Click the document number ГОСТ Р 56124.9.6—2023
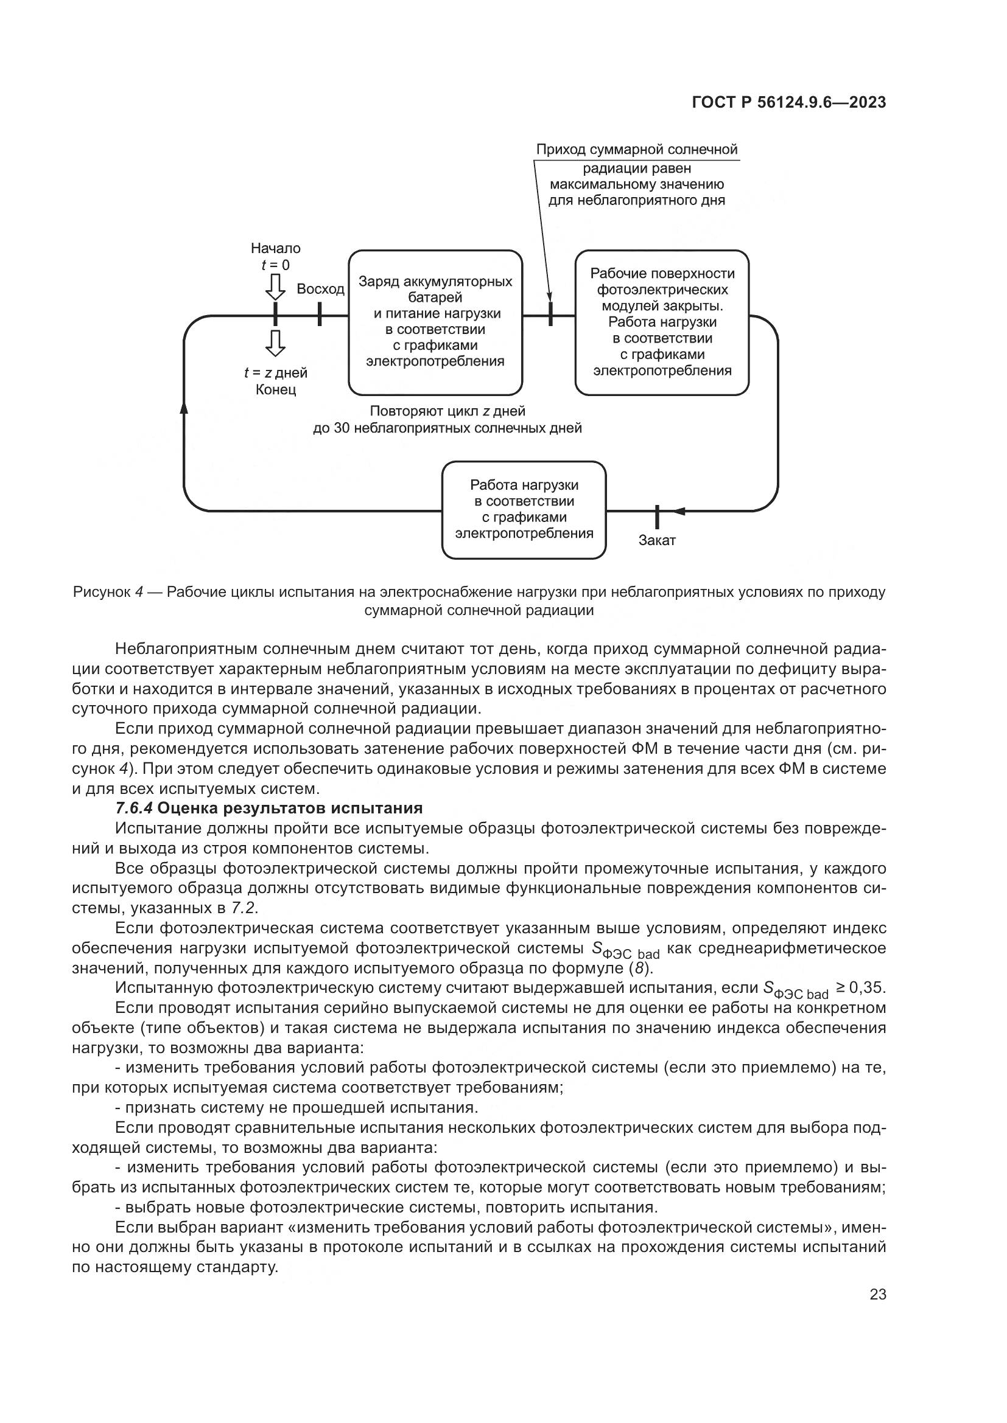tap(788, 103)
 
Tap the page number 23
tap(877, 1295)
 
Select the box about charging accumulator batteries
tap(435, 322)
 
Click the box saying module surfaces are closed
tap(662, 322)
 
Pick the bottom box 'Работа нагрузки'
tap(524, 509)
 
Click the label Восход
tap(320, 289)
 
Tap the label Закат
tap(657, 540)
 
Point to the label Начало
tap(275, 249)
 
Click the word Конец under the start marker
tap(275, 390)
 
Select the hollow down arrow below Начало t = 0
tap(275, 287)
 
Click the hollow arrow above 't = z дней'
tap(275, 343)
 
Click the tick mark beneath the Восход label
tap(320, 314)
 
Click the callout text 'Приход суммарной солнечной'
tap(637, 150)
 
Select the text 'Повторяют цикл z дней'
tap(447, 411)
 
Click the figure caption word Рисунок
tap(100, 592)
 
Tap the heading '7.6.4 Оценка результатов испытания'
tap(268, 808)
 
